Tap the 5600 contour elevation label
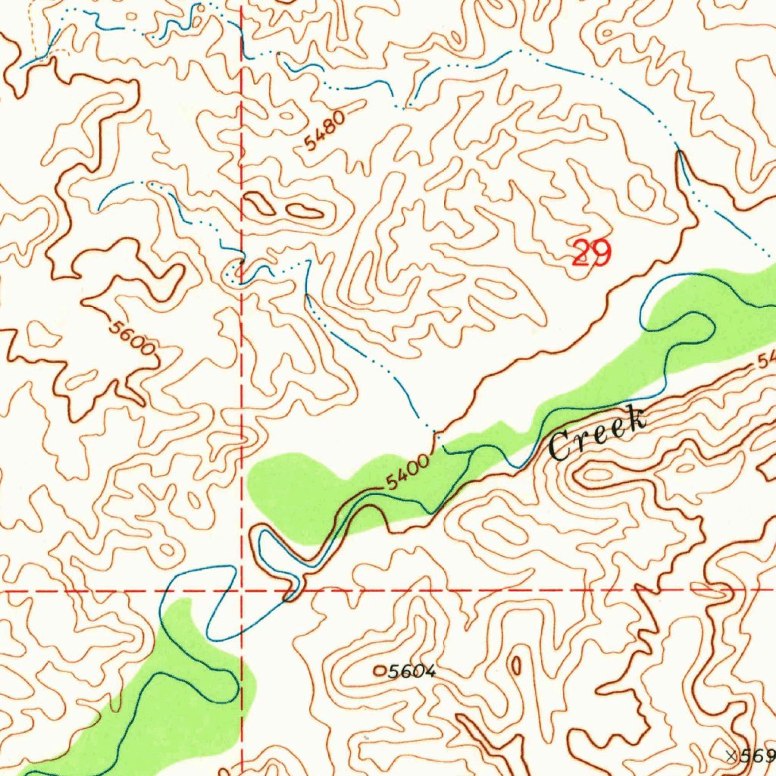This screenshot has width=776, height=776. coord(132,337)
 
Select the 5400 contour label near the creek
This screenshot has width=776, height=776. coord(407,472)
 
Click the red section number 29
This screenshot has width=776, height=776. coord(591,253)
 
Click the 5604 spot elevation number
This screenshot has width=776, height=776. coord(412,671)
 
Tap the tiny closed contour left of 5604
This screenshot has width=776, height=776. coord(380,670)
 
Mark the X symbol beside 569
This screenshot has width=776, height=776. coord(731,756)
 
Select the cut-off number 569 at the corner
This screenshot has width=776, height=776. coord(758,756)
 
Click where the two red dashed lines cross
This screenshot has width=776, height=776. coord(241,590)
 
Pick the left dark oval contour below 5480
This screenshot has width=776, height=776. coord(259,203)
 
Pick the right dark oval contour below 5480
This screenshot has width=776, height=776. coord(305,210)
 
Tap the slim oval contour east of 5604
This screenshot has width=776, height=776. coord(516,666)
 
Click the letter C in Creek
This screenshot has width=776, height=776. coord(561,446)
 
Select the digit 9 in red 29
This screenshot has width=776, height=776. coord(600,253)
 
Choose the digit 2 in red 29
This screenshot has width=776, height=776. coord(581,253)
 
